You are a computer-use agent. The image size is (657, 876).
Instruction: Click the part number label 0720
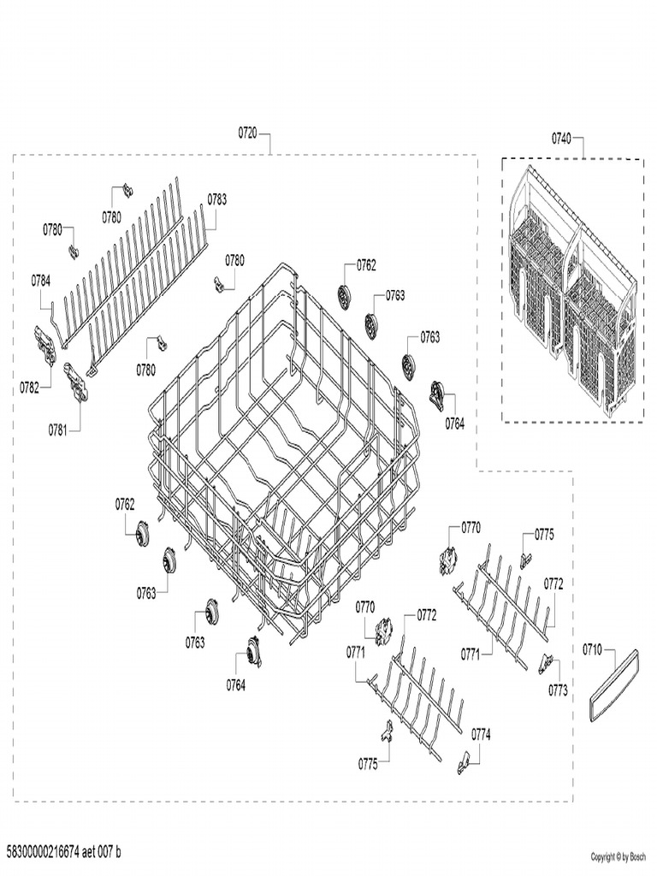247,134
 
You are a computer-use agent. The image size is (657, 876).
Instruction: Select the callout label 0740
561,138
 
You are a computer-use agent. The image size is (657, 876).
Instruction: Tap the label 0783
217,199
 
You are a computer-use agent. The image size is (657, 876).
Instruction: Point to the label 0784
41,280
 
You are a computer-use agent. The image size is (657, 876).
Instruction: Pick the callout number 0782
30,388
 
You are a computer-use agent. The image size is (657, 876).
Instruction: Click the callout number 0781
57,429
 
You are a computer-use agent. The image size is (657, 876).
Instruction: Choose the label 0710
593,649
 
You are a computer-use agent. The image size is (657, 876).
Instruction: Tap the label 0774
481,734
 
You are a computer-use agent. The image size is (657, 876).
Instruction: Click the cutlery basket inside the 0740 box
571,287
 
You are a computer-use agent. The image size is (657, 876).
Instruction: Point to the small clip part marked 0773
546,663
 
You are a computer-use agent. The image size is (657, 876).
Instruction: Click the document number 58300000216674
42,852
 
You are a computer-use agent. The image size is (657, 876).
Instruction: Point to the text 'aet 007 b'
101,852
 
